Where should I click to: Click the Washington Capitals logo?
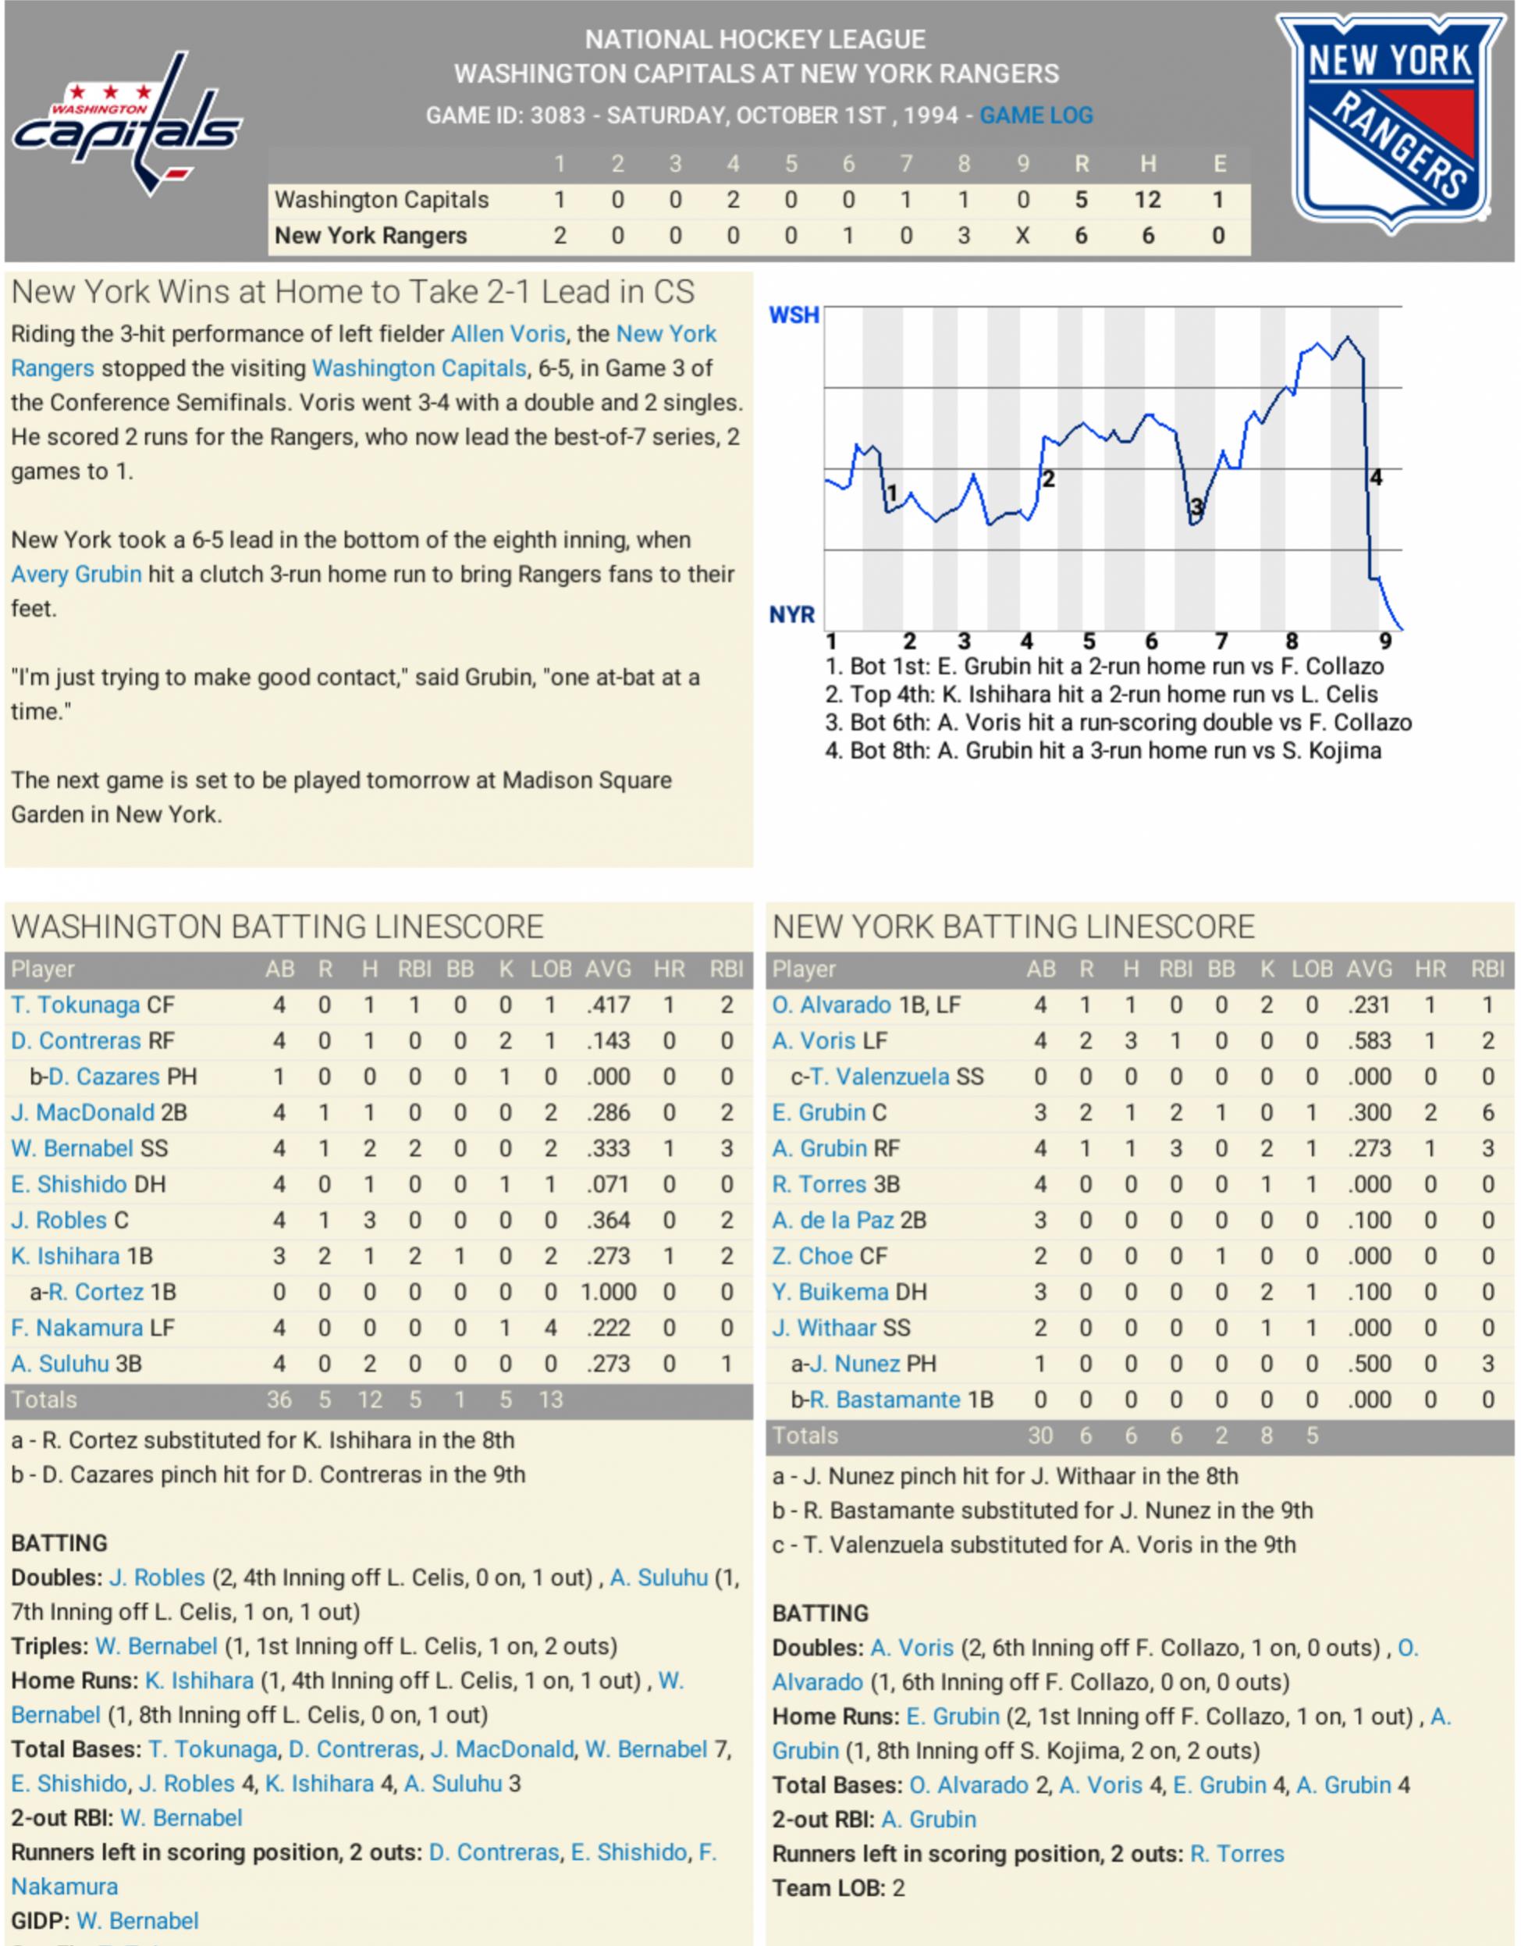point(127,125)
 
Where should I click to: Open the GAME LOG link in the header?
point(1036,115)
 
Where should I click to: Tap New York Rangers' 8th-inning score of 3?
point(963,236)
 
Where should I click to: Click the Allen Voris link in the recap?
point(508,334)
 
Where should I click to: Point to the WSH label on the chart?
point(793,315)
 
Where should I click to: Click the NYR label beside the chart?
point(791,615)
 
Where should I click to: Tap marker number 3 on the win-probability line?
point(1196,508)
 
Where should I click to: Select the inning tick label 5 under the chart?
point(1089,642)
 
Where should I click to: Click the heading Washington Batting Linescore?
point(277,927)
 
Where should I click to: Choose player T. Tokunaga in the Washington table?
point(76,1005)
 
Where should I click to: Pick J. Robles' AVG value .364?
point(609,1221)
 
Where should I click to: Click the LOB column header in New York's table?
point(1312,969)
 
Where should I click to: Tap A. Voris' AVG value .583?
point(1370,1041)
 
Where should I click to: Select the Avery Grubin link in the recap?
point(76,575)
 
